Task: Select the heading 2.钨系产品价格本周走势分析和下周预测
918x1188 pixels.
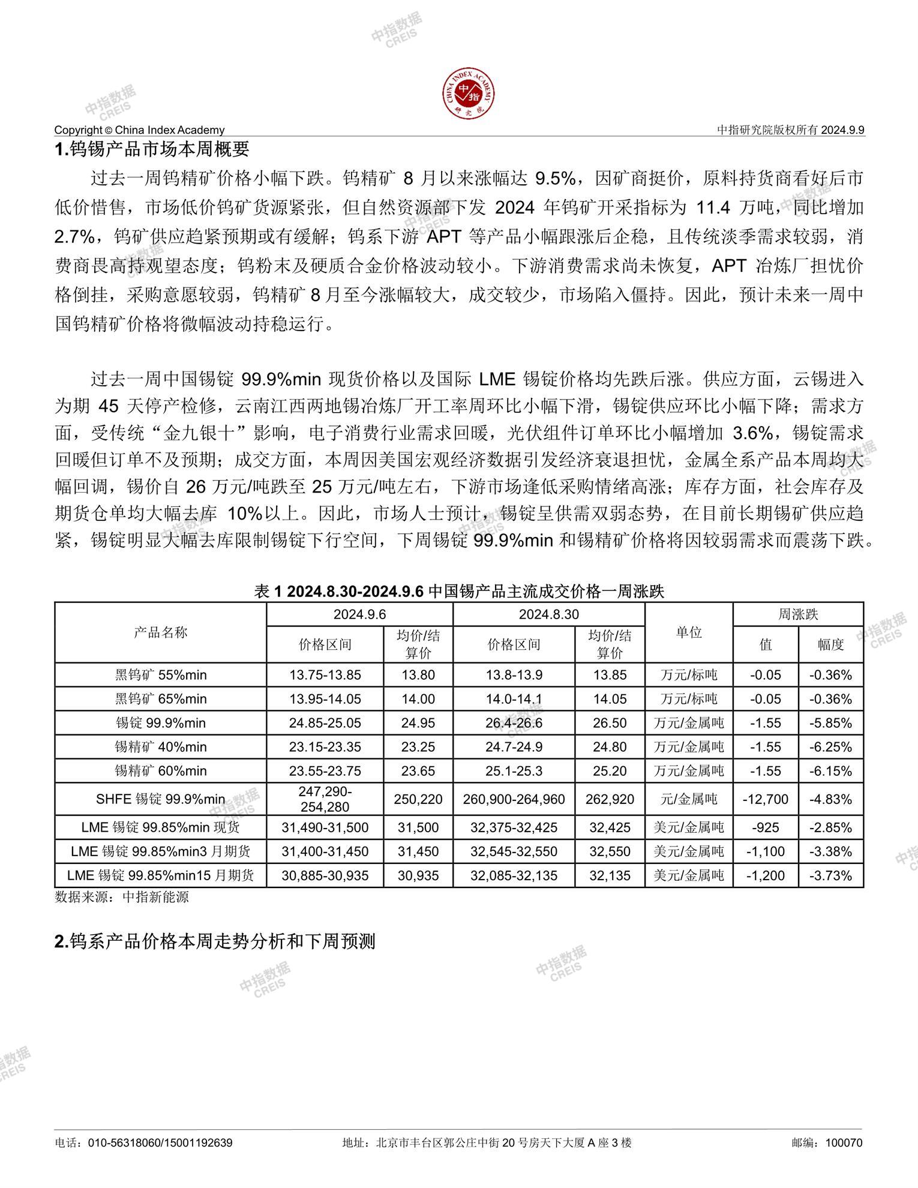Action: tap(214, 941)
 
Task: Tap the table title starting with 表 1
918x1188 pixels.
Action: tap(459, 592)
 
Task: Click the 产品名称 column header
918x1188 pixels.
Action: tap(160, 632)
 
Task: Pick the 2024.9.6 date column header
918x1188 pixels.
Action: tap(359, 614)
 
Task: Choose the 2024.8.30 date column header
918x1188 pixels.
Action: tap(548, 614)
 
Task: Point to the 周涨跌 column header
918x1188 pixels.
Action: tap(798, 614)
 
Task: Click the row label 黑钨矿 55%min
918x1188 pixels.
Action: tap(160, 675)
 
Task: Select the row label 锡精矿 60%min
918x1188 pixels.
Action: tap(160, 770)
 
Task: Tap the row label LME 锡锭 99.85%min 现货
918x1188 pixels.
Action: tap(160, 827)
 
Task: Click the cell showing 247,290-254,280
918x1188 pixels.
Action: tap(325, 799)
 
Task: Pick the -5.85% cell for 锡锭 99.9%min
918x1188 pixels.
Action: tap(830, 723)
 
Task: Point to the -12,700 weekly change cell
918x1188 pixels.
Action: tap(765, 799)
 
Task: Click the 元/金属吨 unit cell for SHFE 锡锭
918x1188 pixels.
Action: tap(689, 799)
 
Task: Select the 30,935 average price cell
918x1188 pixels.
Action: tap(418, 875)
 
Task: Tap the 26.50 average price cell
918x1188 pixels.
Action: tap(610, 723)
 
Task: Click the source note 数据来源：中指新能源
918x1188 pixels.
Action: tap(122, 897)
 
